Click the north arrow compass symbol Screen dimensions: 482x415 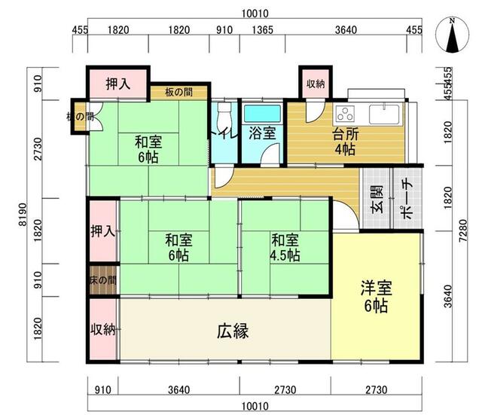coord(452,35)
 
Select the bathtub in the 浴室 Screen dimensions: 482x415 coord(262,114)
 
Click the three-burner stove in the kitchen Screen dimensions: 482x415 coord(346,114)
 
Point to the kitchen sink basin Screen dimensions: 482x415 coord(385,114)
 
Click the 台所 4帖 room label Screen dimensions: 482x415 coord(346,142)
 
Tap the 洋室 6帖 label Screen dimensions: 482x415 coord(377,297)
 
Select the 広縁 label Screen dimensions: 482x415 coord(233,331)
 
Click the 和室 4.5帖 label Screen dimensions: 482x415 coord(285,248)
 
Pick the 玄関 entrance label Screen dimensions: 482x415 coord(377,199)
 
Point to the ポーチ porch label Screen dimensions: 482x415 coord(407,199)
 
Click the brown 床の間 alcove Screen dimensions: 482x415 coord(103,279)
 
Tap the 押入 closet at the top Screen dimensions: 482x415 coord(118,84)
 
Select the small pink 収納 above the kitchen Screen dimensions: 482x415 coord(316,84)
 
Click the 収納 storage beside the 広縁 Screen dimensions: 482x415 coord(103,329)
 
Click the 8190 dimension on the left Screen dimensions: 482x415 coord(23,215)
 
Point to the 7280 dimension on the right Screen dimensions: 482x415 coord(463,230)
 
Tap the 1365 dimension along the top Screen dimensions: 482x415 coord(263,30)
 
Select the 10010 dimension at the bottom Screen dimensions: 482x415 coord(255,406)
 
